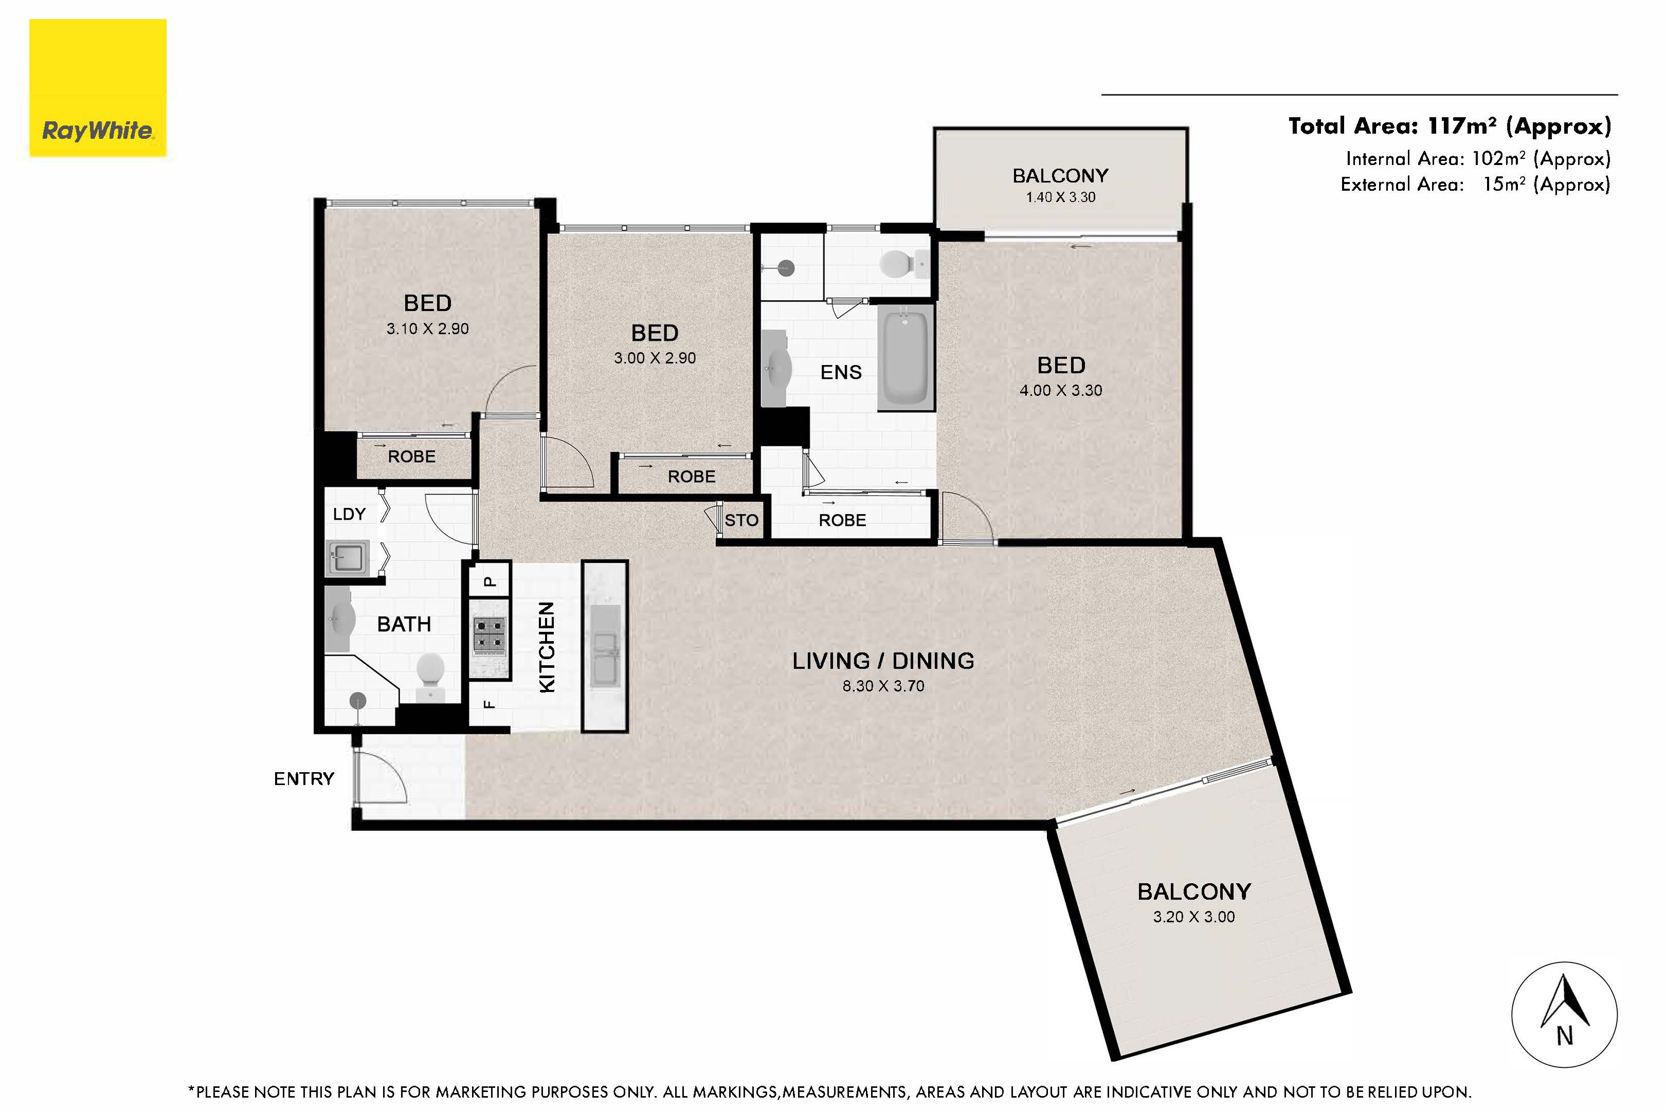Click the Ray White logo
[x=98, y=88]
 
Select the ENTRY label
[x=303, y=779]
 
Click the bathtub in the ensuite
[x=905, y=357]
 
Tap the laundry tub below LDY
[x=347, y=558]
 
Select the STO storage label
[x=741, y=521]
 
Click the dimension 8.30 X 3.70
[x=883, y=686]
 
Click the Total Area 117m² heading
[x=1449, y=126]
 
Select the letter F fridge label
[x=489, y=704]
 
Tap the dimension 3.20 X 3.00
[x=1193, y=917]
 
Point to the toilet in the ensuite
[x=896, y=264]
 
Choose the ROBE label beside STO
[x=842, y=521]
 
